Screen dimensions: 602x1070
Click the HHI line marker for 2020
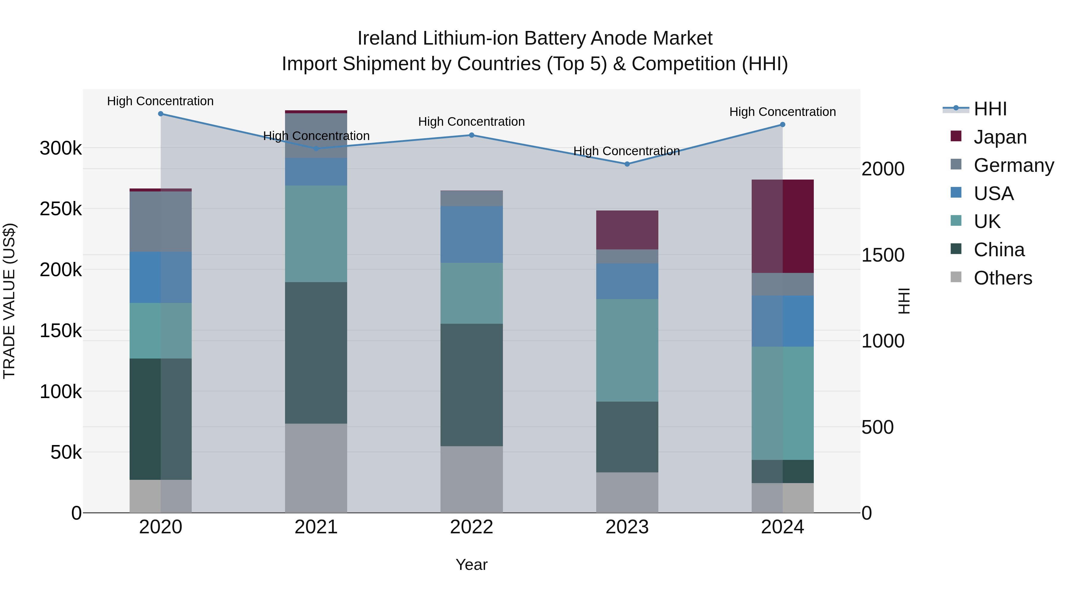(x=161, y=114)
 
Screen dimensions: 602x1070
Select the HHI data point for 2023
(x=627, y=164)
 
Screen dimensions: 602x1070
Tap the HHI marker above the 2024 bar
(x=783, y=125)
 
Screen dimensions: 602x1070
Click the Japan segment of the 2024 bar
(x=783, y=227)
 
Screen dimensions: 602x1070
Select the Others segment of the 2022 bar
(x=471, y=480)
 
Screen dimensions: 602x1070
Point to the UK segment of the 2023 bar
(x=627, y=350)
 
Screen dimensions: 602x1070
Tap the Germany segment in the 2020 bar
(x=161, y=221)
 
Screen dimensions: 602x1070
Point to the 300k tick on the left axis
(x=61, y=148)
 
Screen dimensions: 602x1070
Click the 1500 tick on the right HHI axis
(x=883, y=255)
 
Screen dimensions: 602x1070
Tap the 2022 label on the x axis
(x=471, y=527)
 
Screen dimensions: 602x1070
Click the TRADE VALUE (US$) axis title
(x=9, y=301)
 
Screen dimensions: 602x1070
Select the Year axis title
(x=471, y=565)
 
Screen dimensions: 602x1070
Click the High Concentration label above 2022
(x=471, y=122)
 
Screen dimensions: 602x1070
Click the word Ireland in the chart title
(x=387, y=38)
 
